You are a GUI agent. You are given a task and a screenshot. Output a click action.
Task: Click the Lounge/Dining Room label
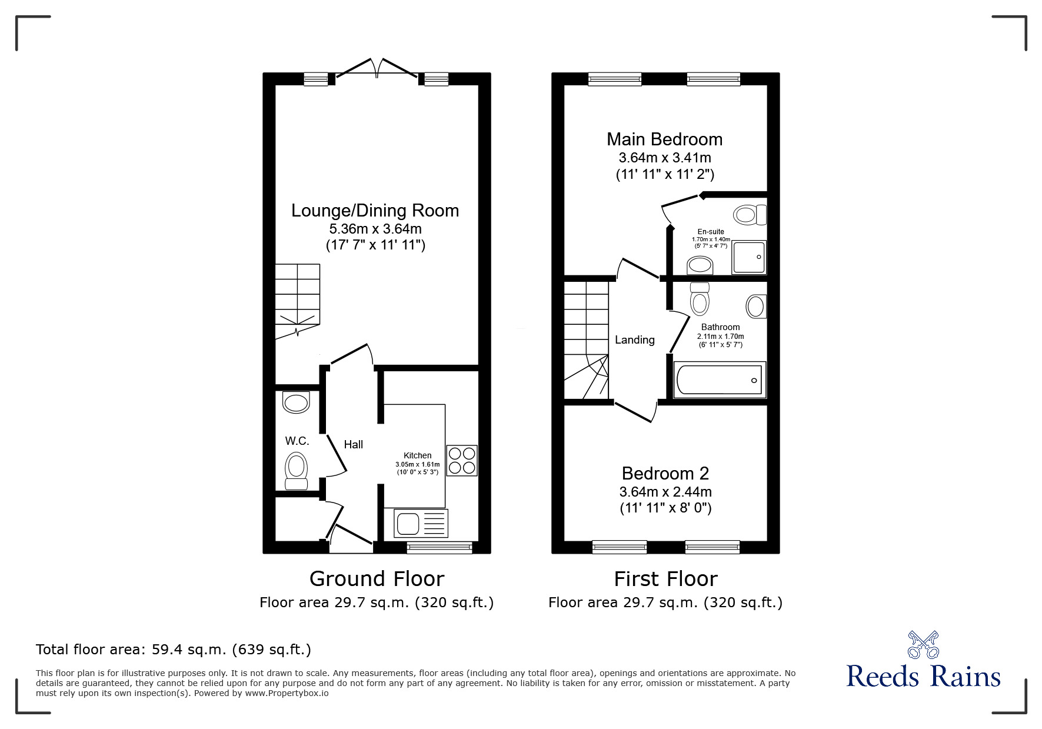pos(375,211)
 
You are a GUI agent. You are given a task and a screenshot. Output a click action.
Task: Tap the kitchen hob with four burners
pos(462,461)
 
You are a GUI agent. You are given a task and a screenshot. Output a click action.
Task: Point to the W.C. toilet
pos(297,471)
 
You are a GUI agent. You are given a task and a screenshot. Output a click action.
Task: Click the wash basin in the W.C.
pos(296,402)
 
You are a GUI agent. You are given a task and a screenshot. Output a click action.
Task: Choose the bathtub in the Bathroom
pos(720,380)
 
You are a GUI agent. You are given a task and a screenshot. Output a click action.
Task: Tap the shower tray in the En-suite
pos(749,257)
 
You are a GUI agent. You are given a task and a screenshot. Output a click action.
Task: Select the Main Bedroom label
pos(665,139)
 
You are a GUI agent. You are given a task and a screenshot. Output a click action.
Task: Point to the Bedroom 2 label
pos(665,473)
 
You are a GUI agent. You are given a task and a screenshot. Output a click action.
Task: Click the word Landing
pos(635,340)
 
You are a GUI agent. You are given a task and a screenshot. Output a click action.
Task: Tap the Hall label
pos(354,445)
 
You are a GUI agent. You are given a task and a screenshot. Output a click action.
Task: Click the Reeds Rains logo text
pos(924,675)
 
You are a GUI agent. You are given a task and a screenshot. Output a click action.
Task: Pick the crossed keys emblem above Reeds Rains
pos(924,644)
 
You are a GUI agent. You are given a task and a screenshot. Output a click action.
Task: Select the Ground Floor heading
pos(377,579)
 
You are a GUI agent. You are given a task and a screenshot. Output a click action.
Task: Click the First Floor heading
pos(665,579)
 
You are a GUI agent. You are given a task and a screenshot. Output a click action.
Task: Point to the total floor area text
pos(174,650)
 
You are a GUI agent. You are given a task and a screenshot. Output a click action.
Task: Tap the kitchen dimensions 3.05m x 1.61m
pos(418,464)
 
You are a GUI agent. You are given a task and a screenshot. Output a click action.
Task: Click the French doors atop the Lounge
pos(377,68)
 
